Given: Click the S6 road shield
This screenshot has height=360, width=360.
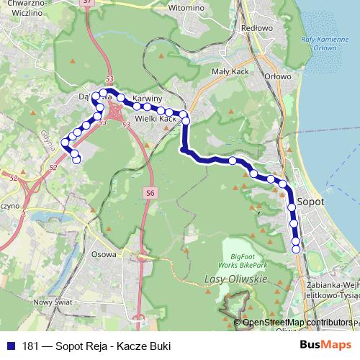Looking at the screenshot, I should [x=150, y=193].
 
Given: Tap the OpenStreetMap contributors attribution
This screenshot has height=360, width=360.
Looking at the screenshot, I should [x=297, y=322].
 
